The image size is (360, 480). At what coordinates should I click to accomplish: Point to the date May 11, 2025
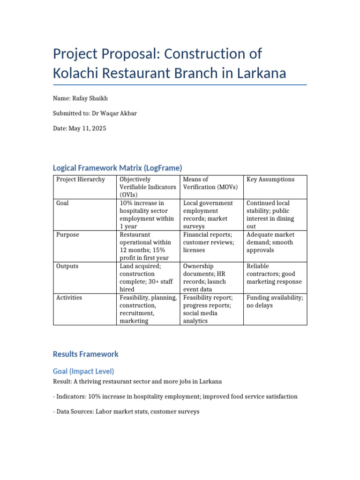88,128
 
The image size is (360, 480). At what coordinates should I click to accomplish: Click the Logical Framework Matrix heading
117,167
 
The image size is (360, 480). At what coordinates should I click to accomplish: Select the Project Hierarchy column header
81,180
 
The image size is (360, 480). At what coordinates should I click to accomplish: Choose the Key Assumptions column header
270,180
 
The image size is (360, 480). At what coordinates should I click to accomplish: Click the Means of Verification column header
210,183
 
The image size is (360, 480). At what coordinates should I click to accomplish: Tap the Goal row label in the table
62,203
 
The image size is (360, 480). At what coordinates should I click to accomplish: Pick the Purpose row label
67,235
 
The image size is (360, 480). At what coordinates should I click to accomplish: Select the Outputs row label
67,266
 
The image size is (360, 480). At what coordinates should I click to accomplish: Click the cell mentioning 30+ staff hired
147,278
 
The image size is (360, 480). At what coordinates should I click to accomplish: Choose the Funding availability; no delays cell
275,301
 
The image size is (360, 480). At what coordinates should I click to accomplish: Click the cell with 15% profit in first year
147,247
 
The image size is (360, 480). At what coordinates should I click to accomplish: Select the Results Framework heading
86,354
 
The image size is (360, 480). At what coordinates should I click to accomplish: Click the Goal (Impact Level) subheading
83,371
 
